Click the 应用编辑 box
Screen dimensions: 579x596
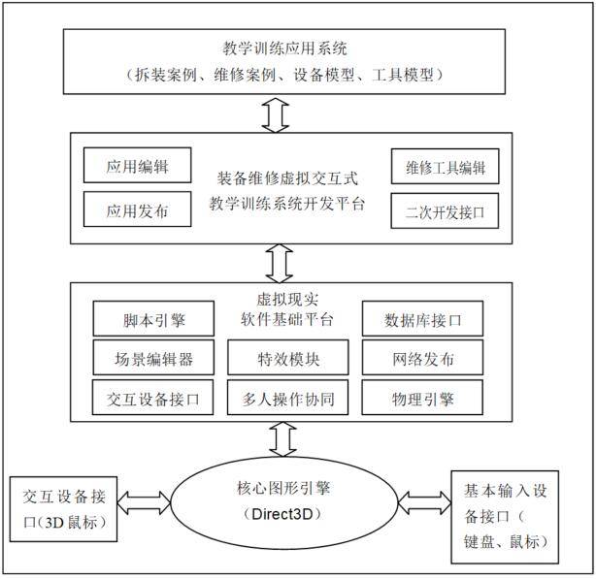[138, 166]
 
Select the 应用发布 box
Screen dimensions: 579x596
[138, 208]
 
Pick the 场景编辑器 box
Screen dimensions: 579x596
[153, 359]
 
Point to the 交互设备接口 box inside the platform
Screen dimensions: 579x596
[153, 398]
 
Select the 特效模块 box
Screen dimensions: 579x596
[288, 359]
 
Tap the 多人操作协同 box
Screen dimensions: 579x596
[288, 398]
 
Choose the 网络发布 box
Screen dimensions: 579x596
[421, 359]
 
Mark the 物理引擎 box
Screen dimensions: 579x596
[421, 398]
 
